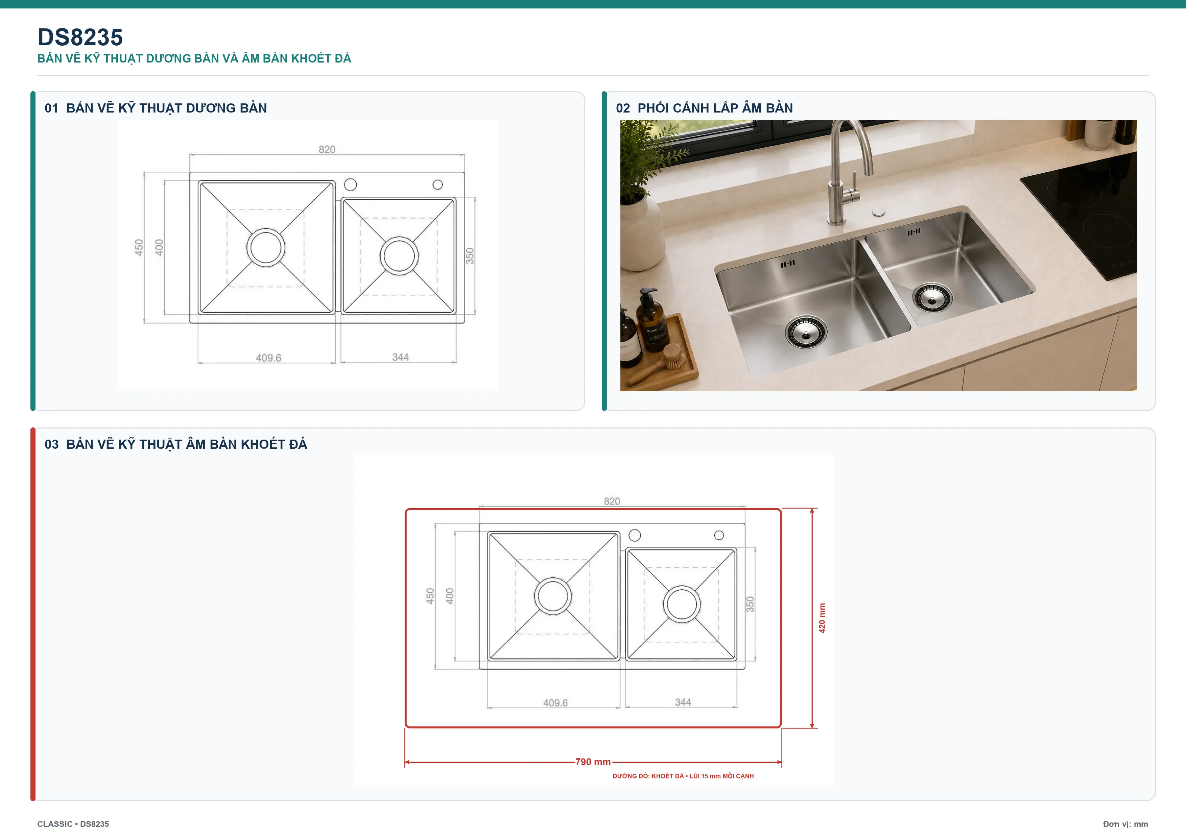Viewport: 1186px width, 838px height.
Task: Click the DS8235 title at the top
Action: point(80,37)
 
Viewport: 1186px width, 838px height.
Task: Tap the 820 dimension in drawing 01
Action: point(327,149)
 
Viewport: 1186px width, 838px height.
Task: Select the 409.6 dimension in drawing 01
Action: point(268,358)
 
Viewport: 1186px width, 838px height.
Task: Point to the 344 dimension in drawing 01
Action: point(400,357)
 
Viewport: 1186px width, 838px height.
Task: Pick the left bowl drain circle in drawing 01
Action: point(265,247)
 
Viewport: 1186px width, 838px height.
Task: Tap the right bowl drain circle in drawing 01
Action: point(399,255)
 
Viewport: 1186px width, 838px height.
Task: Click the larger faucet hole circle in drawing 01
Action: point(350,184)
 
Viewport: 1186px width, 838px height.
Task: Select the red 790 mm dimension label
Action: point(593,762)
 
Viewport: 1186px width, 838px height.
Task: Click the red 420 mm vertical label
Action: point(822,618)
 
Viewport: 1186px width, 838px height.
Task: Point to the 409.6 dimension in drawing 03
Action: point(555,703)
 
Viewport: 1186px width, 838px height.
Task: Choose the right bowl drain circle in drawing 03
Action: point(682,604)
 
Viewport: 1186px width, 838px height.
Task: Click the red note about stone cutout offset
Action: point(683,776)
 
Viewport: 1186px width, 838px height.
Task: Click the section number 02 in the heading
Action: point(623,108)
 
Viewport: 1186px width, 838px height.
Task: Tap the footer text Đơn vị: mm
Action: point(1125,824)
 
